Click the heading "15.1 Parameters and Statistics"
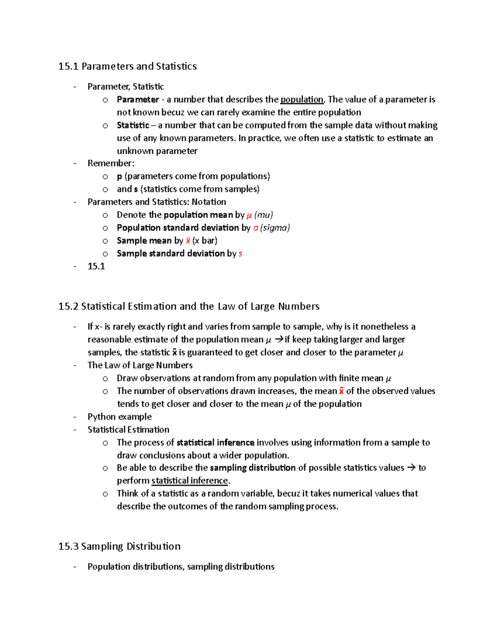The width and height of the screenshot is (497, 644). click(x=127, y=66)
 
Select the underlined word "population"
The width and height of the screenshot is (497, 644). click(x=302, y=100)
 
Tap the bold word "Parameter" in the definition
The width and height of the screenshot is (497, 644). click(x=138, y=100)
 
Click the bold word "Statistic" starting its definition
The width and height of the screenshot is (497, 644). click(x=133, y=125)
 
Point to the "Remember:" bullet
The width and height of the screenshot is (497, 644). click(x=111, y=163)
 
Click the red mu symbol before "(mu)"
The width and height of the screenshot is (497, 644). click(x=249, y=215)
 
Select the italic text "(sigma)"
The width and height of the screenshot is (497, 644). click(x=275, y=228)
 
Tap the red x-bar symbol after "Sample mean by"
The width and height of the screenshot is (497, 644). click(x=188, y=241)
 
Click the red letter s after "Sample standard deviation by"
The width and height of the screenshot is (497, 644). click(x=240, y=254)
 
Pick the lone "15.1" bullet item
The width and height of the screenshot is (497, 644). click(x=96, y=266)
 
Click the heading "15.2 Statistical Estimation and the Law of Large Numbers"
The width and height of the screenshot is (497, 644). click(x=189, y=306)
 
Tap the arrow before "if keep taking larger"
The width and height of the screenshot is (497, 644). click(x=279, y=340)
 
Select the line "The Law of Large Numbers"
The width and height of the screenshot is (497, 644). click(x=140, y=365)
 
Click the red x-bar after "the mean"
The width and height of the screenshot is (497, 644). click(x=341, y=391)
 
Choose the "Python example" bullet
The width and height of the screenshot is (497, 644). click(x=119, y=417)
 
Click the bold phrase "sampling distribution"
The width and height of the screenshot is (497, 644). click(x=253, y=468)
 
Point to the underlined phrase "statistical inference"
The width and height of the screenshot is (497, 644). click(x=190, y=481)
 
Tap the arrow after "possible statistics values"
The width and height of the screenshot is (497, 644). click(x=411, y=468)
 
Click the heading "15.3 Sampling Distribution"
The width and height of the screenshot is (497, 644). click(x=119, y=547)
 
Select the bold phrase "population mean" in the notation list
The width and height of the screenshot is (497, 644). click(x=198, y=215)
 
